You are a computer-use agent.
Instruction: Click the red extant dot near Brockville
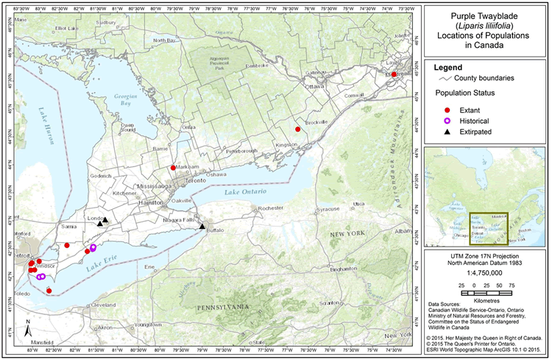(298, 129)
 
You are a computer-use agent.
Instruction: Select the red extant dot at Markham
(173, 168)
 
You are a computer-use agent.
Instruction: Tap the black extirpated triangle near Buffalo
(202, 226)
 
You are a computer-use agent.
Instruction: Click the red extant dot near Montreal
(394, 74)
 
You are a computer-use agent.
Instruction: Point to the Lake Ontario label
(242, 193)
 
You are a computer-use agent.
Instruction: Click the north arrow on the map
(27, 328)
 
